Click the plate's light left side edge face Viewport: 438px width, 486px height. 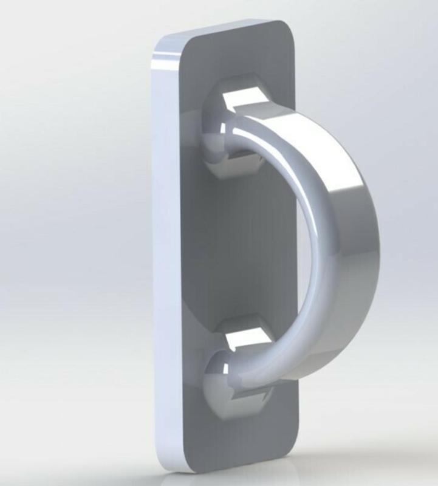(167, 255)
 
